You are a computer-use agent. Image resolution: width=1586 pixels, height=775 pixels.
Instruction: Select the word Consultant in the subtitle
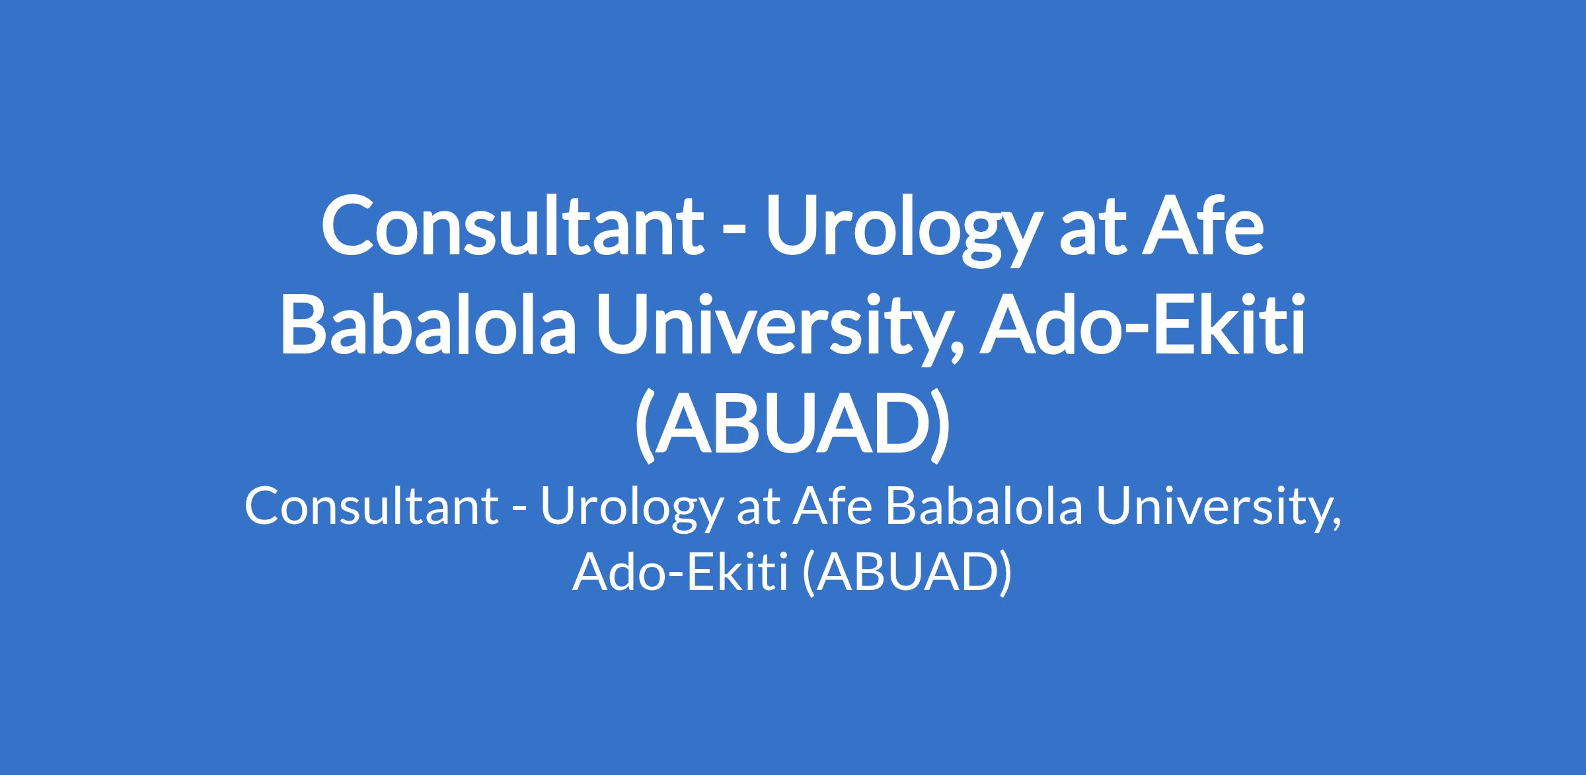coord(371,507)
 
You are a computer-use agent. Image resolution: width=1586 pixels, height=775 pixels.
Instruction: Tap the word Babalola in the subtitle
coord(985,507)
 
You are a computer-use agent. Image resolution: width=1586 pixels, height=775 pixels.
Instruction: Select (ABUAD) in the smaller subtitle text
coord(906,573)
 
